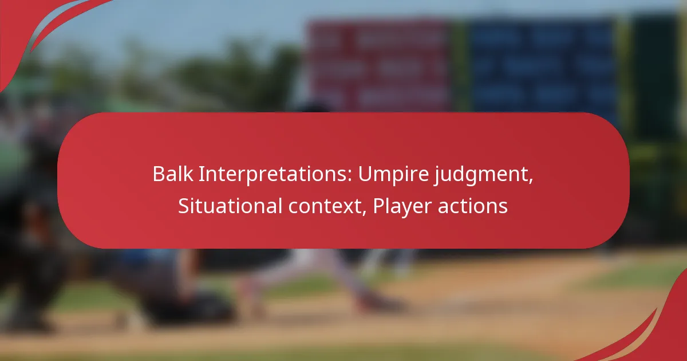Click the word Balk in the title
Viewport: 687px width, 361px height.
point(173,174)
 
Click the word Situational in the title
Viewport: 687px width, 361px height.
point(230,206)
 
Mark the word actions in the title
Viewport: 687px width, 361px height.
point(473,206)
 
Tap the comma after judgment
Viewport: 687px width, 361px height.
point(531,182)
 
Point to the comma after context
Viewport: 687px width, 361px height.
point(365,213)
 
